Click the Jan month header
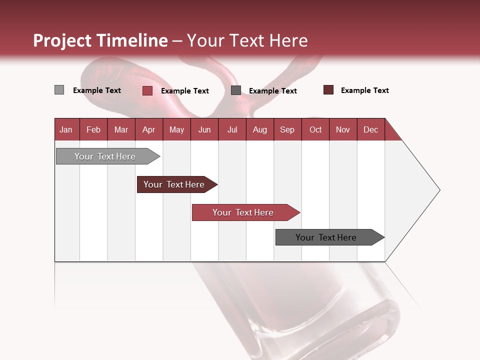pos(66,129)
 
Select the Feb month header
pos(93,129)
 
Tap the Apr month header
pos(149,129)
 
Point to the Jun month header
pos(204,129)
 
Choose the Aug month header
pos(260,129)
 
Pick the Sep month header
pos(287,129)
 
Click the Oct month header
pos(315,129)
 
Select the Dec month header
pos(371,129)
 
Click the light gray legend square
pos(59,90)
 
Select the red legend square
pos(147,90)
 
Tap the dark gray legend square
pos(236,90)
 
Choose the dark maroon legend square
pos(328,90)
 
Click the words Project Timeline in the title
pos(100,40)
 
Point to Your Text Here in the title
pos(247,40)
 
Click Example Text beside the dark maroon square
pos(364,90)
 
